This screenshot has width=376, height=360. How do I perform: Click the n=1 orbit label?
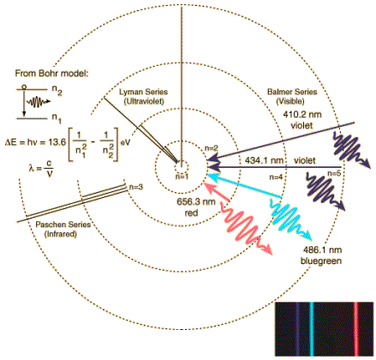[x=182, y=177]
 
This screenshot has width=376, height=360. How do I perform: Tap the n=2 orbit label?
[x=212, y=148]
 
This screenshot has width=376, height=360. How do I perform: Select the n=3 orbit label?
[x=136, y=187]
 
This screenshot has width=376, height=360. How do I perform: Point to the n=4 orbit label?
[x=276, y=177]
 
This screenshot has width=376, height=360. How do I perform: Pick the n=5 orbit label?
[x=334, y=173]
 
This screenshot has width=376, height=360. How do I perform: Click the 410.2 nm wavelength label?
[x=302, y=115]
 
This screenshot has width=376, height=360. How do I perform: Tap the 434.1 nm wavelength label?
[x=264, y=160]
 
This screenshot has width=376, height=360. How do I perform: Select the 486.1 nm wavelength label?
[x=322, y=250]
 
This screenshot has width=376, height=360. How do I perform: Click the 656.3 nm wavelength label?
[x=196, y=201]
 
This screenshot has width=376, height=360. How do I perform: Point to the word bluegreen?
[x=321, y=261]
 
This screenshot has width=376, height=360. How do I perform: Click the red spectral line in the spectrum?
[x=356, y=328]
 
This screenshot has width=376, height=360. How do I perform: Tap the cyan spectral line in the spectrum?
[x=312, y=328]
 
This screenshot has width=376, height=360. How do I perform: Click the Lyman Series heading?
[x=143, y=92]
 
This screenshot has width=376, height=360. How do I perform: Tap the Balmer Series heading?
[x=292, y=92]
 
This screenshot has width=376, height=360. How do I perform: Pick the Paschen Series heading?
[x=63, y=225]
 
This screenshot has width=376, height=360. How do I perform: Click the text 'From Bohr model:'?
[x=51, y=74]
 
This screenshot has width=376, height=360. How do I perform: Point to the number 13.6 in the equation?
[x=57, y=141]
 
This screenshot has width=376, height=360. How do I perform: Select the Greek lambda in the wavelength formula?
[x=31, y=168]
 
